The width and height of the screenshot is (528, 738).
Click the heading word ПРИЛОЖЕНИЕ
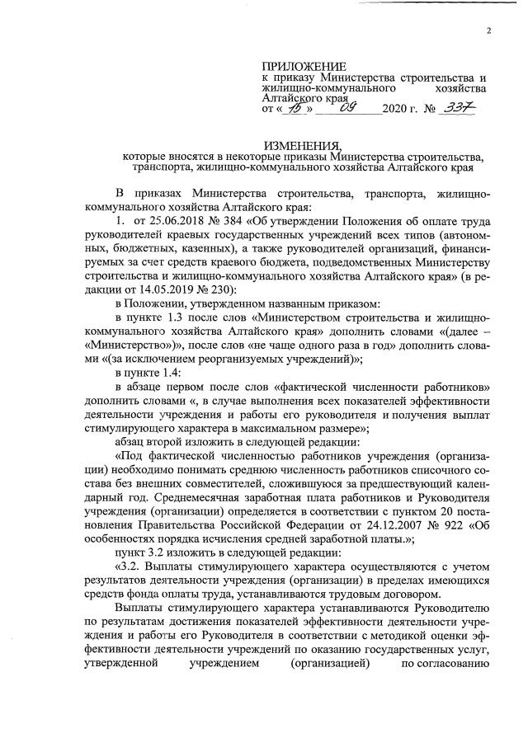pos(304,65)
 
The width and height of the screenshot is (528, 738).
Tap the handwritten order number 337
pos(457,108)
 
